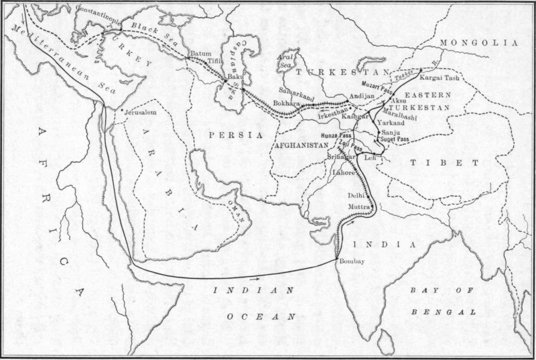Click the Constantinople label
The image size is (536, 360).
click(99, 11)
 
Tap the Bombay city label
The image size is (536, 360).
click(352, 261)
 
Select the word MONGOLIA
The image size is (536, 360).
click(479, 42)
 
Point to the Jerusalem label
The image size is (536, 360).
click(140, 113)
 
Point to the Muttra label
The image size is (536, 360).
click(359, 207)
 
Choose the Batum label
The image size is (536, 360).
click(201, 52)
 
